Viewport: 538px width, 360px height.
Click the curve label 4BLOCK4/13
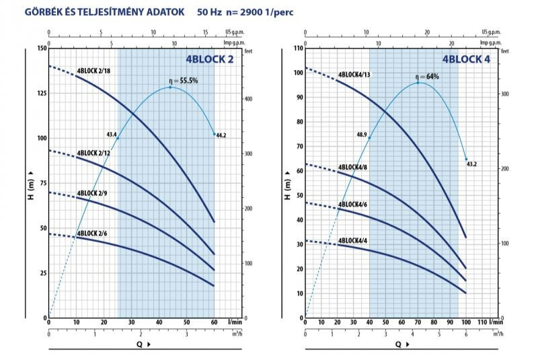click(x=354, y=74)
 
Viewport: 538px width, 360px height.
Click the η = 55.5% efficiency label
click(x=183, y=81)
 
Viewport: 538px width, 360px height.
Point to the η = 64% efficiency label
click(x=426, y=77)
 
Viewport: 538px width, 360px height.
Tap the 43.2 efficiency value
click(x=472, y=164)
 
